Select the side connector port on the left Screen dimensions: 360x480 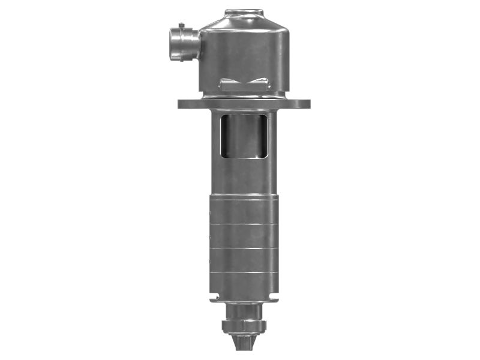point(184,44)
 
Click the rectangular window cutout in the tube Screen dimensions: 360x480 point(244,137)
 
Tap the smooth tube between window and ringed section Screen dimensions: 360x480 point(244,177)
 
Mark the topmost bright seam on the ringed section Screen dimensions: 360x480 point(244,224)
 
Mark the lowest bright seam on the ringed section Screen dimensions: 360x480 point(244,273)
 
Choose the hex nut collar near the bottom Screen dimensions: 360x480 point(244,327)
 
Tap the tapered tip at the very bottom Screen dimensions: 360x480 point(244,347)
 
